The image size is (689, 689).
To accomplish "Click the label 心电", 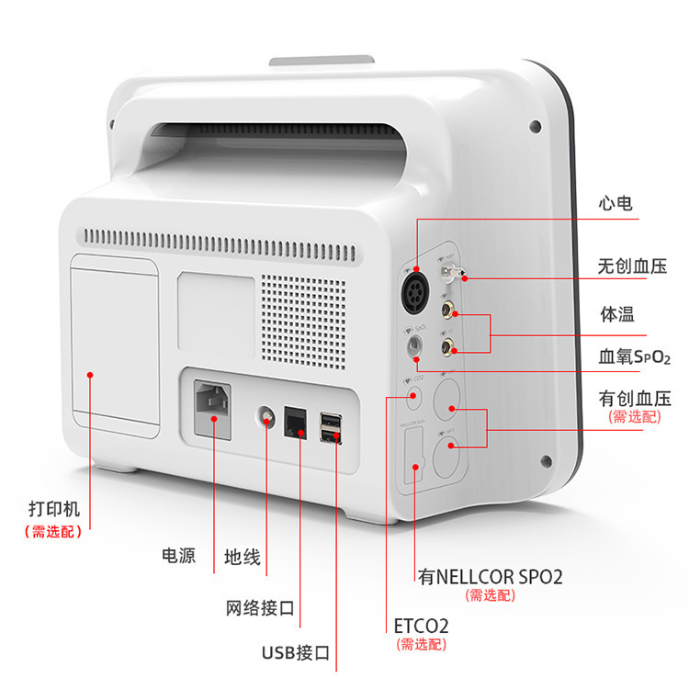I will (615, 204).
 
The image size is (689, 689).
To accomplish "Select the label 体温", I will (616, 313).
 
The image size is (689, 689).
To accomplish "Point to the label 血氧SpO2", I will (635, 356).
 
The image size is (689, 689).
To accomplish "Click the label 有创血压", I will (635, 398).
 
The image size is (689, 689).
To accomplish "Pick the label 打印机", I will (54, 508).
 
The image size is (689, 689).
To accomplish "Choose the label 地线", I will (243, 558).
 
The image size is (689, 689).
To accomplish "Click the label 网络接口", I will (260, 608).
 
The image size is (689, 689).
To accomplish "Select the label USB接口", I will (295, 653).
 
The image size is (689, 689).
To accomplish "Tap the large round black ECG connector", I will (416, 293).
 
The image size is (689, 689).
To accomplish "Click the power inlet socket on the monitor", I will (212, 405).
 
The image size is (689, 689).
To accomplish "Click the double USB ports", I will (330, 427).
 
